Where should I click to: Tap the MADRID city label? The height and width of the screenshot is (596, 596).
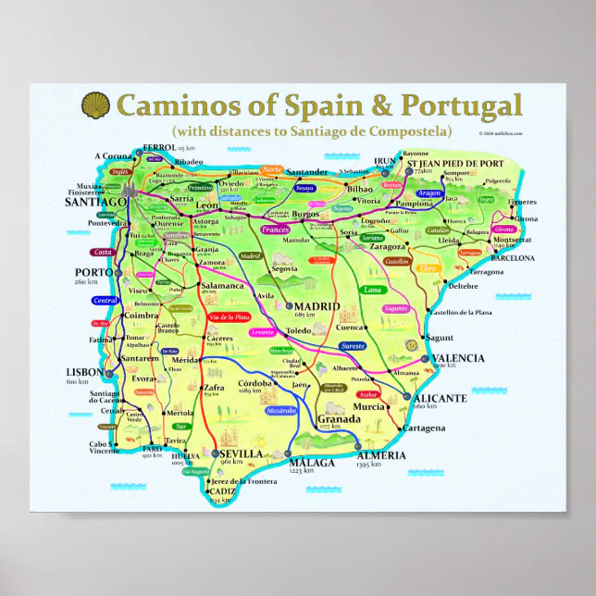317,306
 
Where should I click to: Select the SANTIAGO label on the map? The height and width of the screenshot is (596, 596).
95,201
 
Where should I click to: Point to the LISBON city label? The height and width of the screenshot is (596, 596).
84,372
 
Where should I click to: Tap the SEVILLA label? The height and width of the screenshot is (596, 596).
242,453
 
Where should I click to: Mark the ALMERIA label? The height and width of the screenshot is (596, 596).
380,454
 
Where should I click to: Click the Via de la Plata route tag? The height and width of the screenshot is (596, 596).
230,317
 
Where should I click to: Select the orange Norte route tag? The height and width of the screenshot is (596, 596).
271,170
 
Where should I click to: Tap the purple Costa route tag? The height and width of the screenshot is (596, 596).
103,252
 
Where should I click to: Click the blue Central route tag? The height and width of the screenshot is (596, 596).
106,300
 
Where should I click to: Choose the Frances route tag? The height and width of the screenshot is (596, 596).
275,228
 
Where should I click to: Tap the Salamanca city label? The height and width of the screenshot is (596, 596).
222,286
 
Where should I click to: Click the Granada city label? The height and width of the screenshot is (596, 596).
338,418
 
